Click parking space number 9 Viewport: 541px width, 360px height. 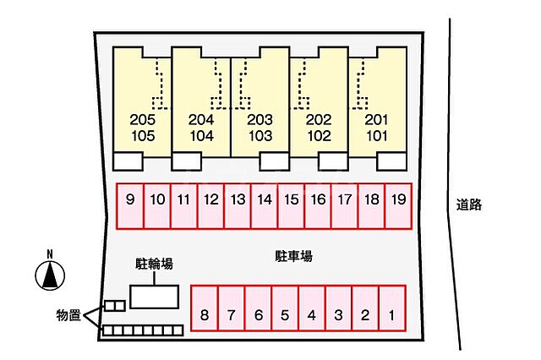tap(130, 206)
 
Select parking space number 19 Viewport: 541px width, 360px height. tap(398, 206)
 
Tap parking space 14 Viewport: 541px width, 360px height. tap(265, 206)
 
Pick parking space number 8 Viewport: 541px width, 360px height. tap(205, 308)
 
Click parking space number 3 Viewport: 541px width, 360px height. tap(338, 308)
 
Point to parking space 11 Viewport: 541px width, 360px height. tap(184, 206)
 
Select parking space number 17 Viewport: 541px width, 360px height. tap(345, 206)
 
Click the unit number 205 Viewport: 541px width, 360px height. tap(143, 120)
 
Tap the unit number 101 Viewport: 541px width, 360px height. tap(377, 136)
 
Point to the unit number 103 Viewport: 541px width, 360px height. tap(260, 136)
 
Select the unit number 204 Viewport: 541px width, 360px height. tap(201, 120)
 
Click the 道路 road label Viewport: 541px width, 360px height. tap(469, 205)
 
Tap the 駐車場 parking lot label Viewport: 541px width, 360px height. tap(293, 256)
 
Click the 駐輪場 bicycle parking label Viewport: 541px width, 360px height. tap(154, 265)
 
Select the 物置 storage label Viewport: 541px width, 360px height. tap(68, 315)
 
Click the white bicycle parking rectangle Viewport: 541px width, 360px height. tap(154, 297)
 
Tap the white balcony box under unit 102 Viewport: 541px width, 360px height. tap(333, 161)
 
